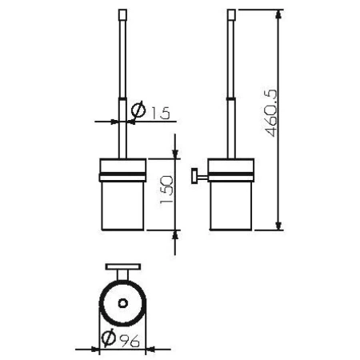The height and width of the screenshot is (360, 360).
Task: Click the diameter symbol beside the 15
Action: (137, 111)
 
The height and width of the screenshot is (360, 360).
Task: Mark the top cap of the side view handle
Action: (232, 14)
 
